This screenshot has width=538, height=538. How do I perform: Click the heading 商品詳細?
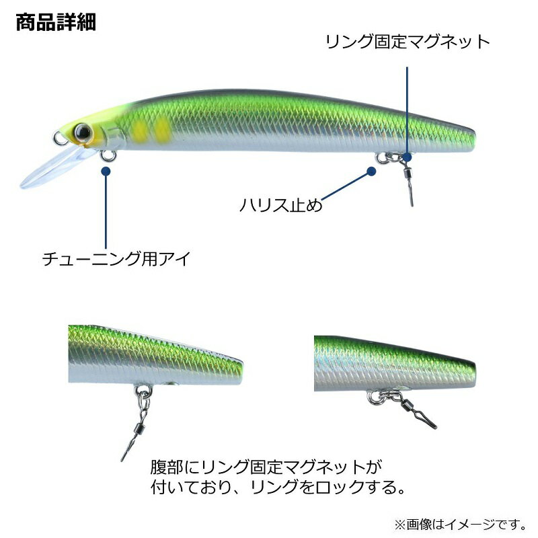(56, 22)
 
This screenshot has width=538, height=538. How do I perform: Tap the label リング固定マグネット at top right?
(408, 42)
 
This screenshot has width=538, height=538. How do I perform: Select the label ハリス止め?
(281, 205)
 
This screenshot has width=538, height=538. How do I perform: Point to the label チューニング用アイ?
(116, 259)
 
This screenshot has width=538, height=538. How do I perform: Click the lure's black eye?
(83, 132)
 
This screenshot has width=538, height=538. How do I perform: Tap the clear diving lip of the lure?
(55, 168)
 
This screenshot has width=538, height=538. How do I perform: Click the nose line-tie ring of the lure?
(60, 138)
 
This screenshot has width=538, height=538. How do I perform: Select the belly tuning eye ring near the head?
(108, 156)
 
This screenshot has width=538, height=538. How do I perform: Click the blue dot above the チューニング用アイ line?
(106, 171)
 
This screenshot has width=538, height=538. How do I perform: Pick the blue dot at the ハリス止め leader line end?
(371, 171)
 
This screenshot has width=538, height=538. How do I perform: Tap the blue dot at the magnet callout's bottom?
(407, 157)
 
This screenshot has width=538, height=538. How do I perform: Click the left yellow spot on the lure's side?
(140, 130)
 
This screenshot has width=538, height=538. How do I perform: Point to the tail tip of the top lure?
(475, 137)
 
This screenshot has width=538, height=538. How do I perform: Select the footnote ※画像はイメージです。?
(461, 525)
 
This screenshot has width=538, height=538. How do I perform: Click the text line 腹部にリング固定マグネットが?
(266, 467)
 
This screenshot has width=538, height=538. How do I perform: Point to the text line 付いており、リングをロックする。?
(278, 487)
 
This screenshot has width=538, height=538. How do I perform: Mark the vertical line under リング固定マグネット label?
(407, 110)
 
